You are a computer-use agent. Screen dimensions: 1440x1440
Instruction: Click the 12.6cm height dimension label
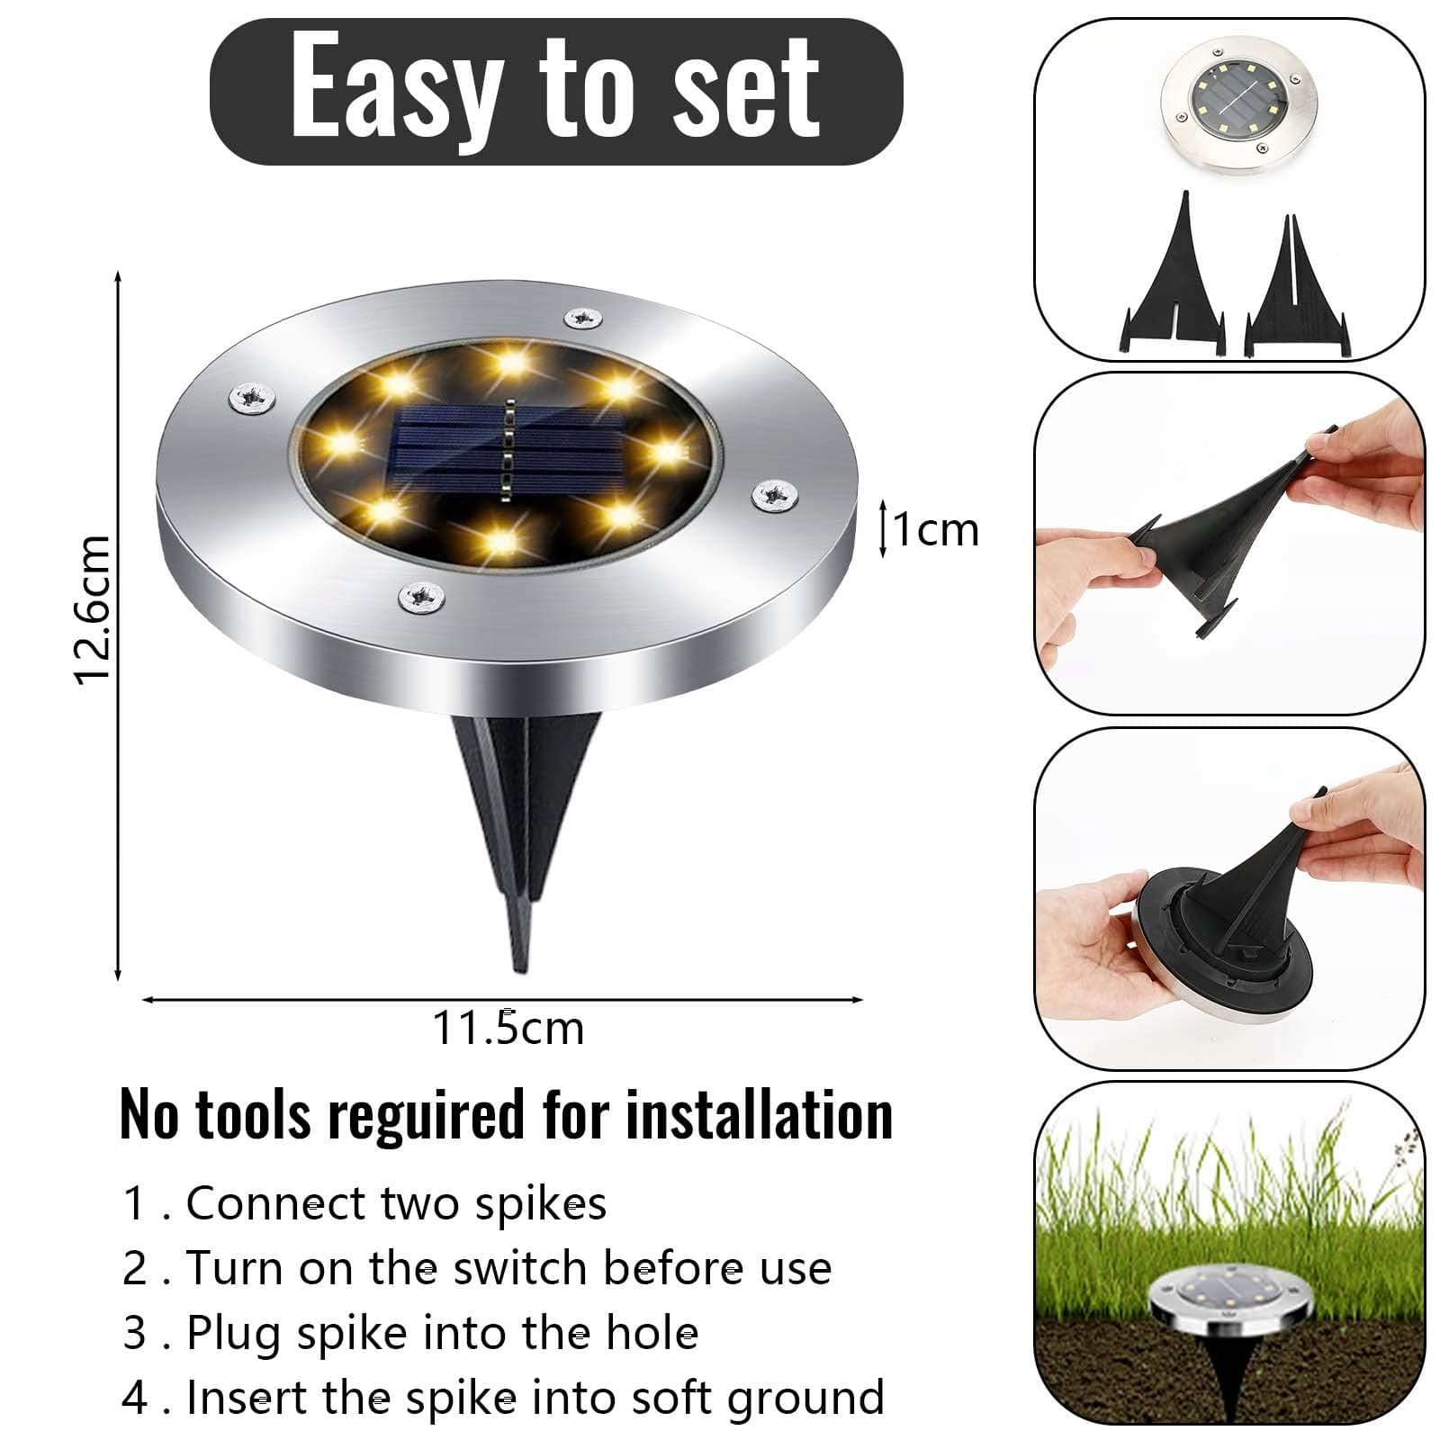[93, 609]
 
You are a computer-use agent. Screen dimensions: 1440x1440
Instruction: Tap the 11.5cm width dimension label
[508, 1028]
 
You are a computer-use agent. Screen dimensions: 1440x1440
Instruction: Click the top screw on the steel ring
[583, 317]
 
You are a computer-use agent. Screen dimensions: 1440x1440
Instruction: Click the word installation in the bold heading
[760, 1115]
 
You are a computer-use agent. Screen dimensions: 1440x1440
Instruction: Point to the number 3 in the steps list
[134, 1334]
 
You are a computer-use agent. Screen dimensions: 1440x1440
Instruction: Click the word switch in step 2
[519, 1268]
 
